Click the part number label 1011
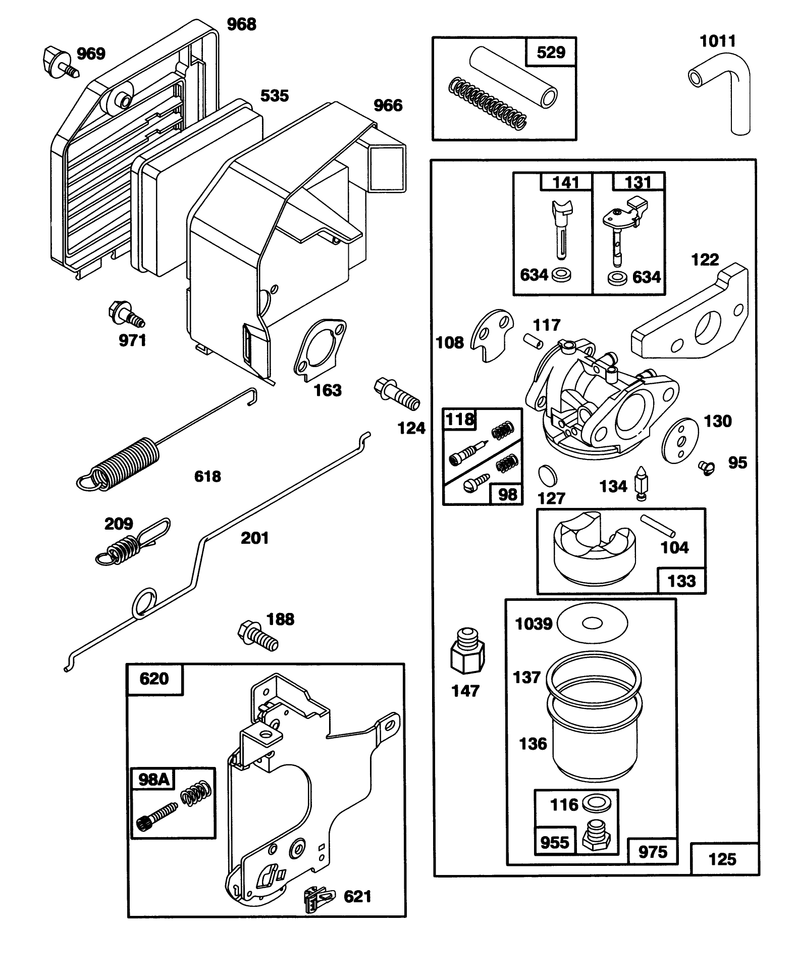717,41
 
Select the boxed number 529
551,52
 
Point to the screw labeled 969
59,62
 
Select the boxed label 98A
153,780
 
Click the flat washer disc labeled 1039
593,623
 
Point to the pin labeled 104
657,526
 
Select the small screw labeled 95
707,468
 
